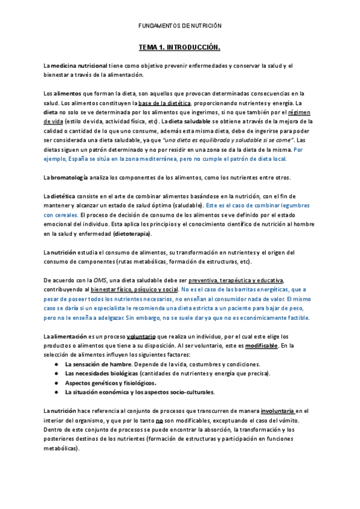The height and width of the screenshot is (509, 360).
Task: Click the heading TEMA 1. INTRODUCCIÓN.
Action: pyautogui.click(x=180, y=46)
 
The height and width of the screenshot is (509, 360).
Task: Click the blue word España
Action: pyautogui.click(x=80, y=159)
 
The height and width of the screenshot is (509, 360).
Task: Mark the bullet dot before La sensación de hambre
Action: pyautogui.click(x=55, y=364)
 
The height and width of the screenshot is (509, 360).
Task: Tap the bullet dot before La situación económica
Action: pyautogui.click(x=55, y=393)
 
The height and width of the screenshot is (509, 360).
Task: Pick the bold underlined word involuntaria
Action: pyautogui.click(x=277, y=411)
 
